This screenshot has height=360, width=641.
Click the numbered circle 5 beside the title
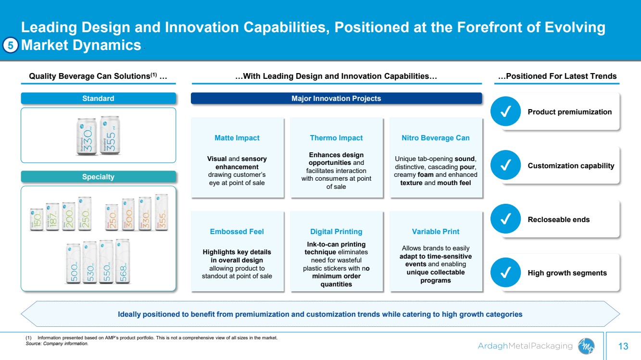[10, 45]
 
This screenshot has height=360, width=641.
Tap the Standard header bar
[98, 99]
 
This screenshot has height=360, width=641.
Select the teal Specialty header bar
[98, 177]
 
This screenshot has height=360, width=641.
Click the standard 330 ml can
[87, 137]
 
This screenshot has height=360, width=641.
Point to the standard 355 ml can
[110, 135]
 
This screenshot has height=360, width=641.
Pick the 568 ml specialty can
[123, 261]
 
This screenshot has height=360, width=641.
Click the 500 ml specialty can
[73, 263]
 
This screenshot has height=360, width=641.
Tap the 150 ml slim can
[37, 219]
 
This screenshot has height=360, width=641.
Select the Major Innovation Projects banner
[336, 99]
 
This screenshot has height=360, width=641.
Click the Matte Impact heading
[237, 138]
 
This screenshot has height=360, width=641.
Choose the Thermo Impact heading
[336, 138]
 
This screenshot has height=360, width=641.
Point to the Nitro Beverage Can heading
[436, 138]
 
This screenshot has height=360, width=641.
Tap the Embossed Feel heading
[237, 232]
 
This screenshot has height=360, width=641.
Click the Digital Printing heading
[336, 232]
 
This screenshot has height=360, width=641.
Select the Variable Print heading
[436, 232]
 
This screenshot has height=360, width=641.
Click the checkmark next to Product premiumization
[506, 111]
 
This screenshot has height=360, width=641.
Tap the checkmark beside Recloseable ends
[506, 219]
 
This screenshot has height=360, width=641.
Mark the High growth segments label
[567, 273]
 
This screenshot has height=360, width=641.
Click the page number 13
[623, 346]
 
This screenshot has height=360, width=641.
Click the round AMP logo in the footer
[586, 346]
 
